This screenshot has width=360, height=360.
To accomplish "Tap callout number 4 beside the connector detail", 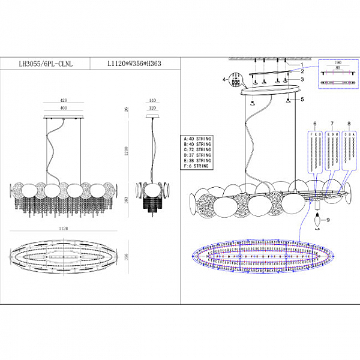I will pyautogui.click(x=224, y=79).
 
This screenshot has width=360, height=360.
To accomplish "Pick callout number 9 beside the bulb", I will pyautogui.click(x=329, y=220).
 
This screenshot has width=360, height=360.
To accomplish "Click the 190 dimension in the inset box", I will pyautogui.click(x=339, y=62).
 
